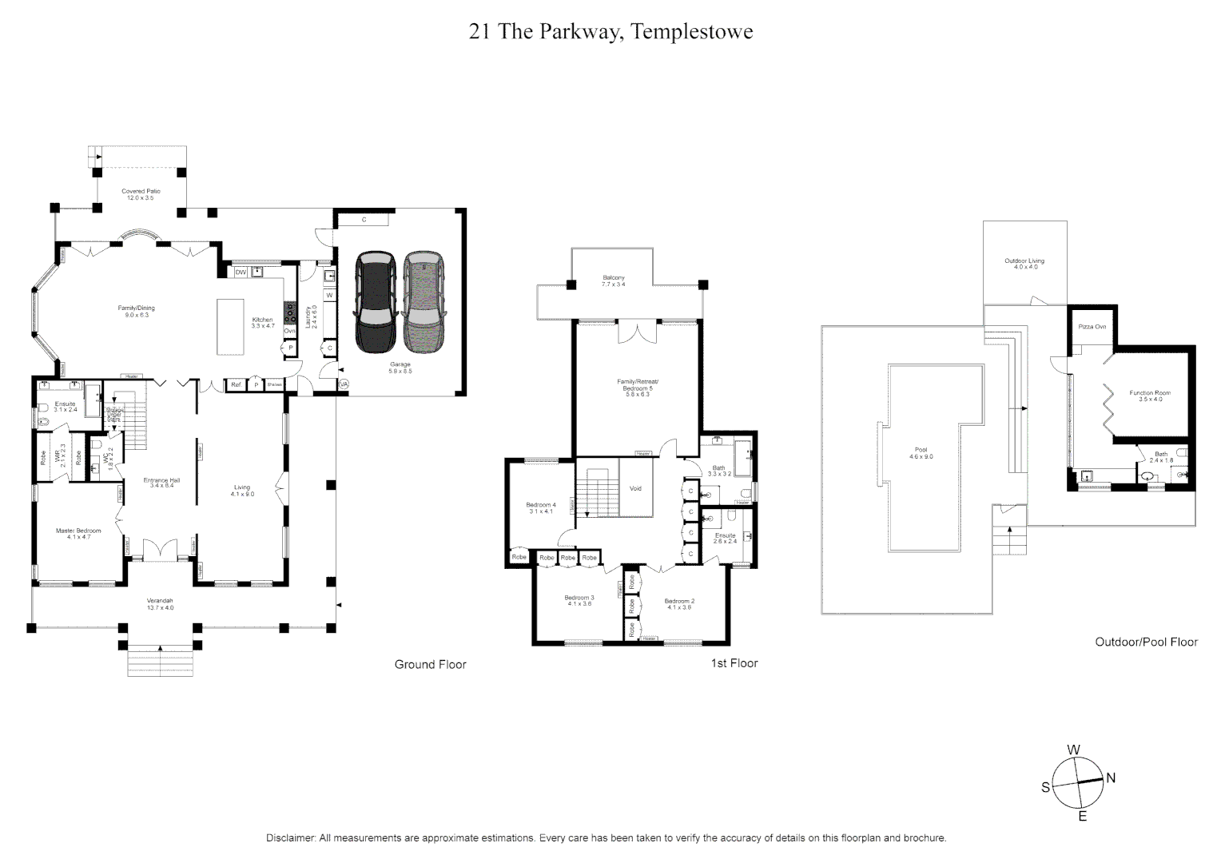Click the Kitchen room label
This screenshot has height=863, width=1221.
coord(263,322)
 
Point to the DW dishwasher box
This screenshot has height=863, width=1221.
coord(241,272)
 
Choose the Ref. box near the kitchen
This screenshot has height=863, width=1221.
coord(237,385)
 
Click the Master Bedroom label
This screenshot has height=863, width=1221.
coord(78,534)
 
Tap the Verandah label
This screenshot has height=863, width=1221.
coord(160,604)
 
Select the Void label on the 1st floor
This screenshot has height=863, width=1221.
coord(636,488)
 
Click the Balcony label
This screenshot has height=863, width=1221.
coord(613,280)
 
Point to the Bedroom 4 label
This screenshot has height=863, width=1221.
coord(541,507)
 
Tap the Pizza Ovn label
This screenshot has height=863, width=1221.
coord(1092,327)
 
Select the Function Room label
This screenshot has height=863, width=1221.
coord(1150,396)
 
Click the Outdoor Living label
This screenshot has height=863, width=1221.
coord(1024,264)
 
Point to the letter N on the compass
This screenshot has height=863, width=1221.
coord(1110,777)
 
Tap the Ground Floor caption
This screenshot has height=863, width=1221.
coord(430,664)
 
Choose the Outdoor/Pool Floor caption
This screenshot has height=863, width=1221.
coord(1146,642)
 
